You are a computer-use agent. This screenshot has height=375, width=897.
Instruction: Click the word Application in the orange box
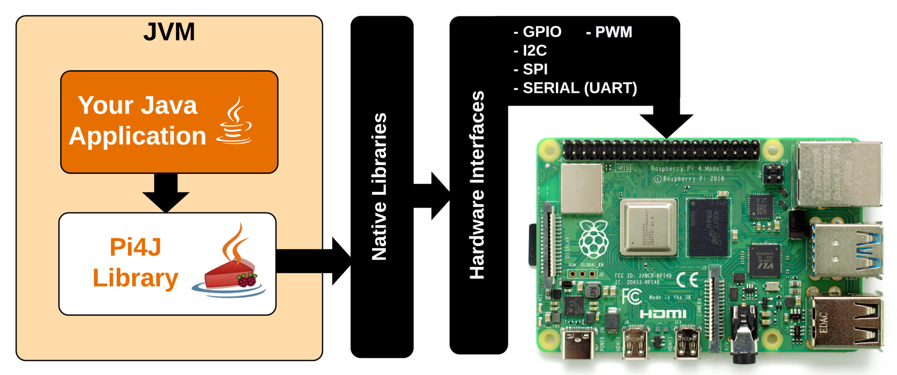coord(138,136)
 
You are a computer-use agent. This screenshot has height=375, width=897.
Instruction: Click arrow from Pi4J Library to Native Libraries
coord(312,261)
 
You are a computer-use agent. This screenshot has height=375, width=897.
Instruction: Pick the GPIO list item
coord(538,32)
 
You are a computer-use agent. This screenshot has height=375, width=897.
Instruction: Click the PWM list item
coord(609,32)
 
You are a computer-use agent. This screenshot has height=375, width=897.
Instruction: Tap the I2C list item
coord(530,51)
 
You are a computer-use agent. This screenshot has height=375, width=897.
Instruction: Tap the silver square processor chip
coord(648,227)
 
